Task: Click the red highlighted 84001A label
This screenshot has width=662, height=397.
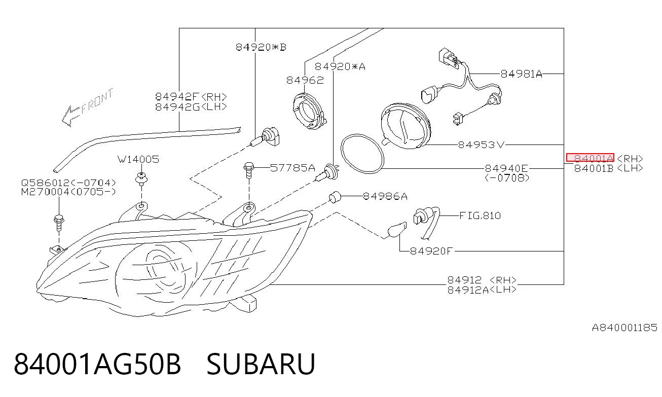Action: [x=590, y=158]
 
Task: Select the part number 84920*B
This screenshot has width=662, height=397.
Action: [x=261, y=47]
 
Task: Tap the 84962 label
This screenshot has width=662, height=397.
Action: [x=305, y=80]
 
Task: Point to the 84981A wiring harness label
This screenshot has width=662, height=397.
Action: [x=521, y=74]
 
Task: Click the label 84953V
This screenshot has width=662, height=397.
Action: [x=481, y=145]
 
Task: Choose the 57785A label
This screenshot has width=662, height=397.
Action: [x=292, y=168]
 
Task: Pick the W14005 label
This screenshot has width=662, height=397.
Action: [x=138, y=160]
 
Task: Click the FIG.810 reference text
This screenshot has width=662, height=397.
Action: [x=480, y=216]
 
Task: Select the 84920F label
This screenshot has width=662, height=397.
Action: [x=431, y=251]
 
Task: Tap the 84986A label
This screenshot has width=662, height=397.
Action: [x=385, y=196]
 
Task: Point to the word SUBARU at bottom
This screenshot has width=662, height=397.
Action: [x=261, y=364]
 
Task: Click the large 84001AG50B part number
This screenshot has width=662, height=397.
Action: [x=97, y=364]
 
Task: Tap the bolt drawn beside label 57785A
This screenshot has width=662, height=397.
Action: [x=248, y=170]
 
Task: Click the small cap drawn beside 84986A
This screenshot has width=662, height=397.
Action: [x=335, y=197]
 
